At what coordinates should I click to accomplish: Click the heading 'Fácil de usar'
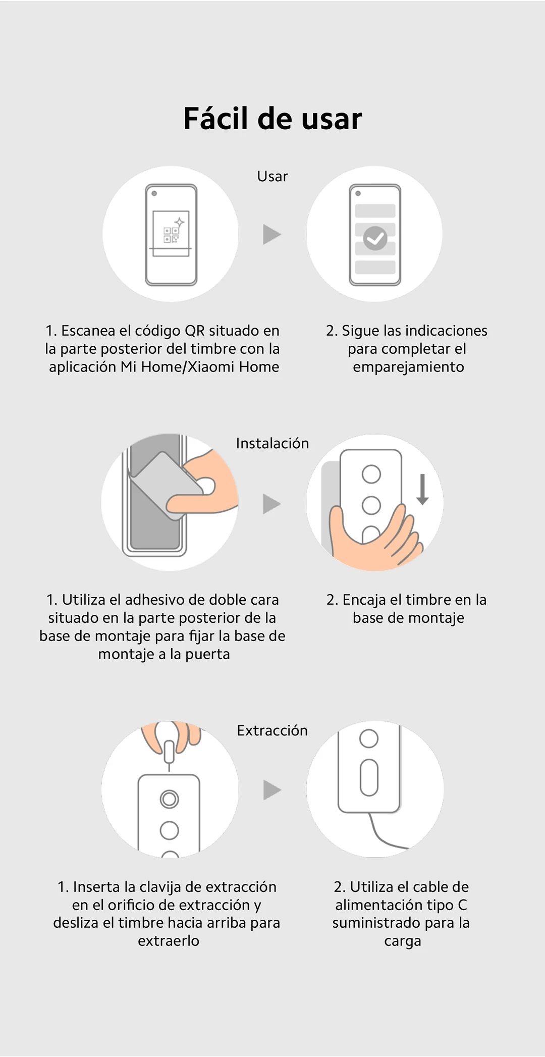[x=272, y=119]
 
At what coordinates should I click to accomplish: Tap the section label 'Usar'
[x=272, y=176]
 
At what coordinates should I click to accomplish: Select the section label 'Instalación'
[x=272, y=443]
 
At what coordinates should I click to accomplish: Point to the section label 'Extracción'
[x=272, y=730]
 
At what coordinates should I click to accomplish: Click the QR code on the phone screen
[x=172, y=235]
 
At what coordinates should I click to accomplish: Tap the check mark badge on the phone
[x=375, y=238]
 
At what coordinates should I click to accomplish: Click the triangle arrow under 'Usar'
[x=272, y=234]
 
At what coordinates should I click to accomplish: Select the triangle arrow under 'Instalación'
[x=272, y=504]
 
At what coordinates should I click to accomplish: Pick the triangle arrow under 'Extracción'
[x=272, y=790]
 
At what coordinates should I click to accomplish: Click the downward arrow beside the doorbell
[x=423, y=489]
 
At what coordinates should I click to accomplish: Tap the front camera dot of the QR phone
[x=154, y=193]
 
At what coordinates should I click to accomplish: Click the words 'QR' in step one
[x=195, y=331]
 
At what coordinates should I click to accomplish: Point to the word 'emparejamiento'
[x=409, y=367]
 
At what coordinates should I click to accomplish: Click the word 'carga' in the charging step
[x=402, y=941]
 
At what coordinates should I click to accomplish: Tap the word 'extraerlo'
[x=169, y=941]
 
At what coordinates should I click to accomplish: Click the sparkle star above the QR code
[x=179, y=222]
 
